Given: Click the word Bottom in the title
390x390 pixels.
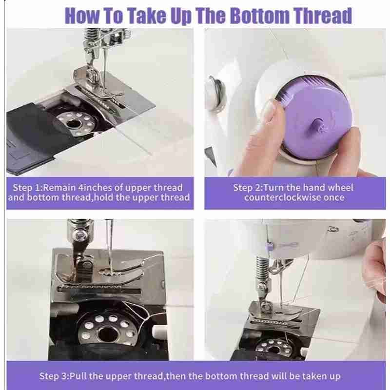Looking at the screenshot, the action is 260,16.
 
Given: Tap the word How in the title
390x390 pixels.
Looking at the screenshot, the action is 81,16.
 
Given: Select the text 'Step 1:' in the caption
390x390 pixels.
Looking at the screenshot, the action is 26,188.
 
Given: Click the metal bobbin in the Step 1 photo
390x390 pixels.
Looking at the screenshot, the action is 76,123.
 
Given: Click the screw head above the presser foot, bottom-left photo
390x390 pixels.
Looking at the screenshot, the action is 80,234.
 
